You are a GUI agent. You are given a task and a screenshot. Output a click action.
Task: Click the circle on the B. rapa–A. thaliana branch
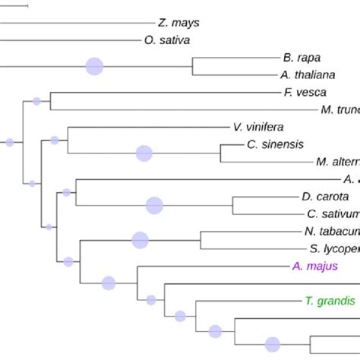point(94,66)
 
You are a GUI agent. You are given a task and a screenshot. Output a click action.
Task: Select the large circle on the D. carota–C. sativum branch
point(154,205)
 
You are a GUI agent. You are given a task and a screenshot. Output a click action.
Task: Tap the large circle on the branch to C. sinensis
point(144,153)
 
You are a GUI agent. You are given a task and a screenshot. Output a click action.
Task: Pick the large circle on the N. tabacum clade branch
point(140,240)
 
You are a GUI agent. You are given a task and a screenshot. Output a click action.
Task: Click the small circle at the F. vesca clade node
point(36,101)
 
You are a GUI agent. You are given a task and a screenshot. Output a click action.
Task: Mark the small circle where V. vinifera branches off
point(54,140)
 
